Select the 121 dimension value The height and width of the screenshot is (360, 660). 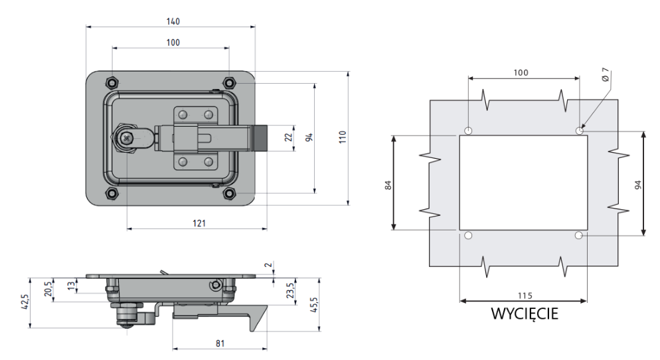coord(199,223)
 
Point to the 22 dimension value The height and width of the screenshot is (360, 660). coord(288,137)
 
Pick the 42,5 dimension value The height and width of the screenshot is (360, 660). coord(25,302)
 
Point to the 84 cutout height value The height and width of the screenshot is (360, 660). coord(388,183)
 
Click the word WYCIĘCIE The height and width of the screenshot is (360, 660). coord(524,313)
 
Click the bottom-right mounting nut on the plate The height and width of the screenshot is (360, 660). coord(229,193)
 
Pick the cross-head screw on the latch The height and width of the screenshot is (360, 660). coord(125,137)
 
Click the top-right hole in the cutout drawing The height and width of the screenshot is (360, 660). coord(580,131)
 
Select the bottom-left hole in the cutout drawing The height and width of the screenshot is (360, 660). coord(469,236)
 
